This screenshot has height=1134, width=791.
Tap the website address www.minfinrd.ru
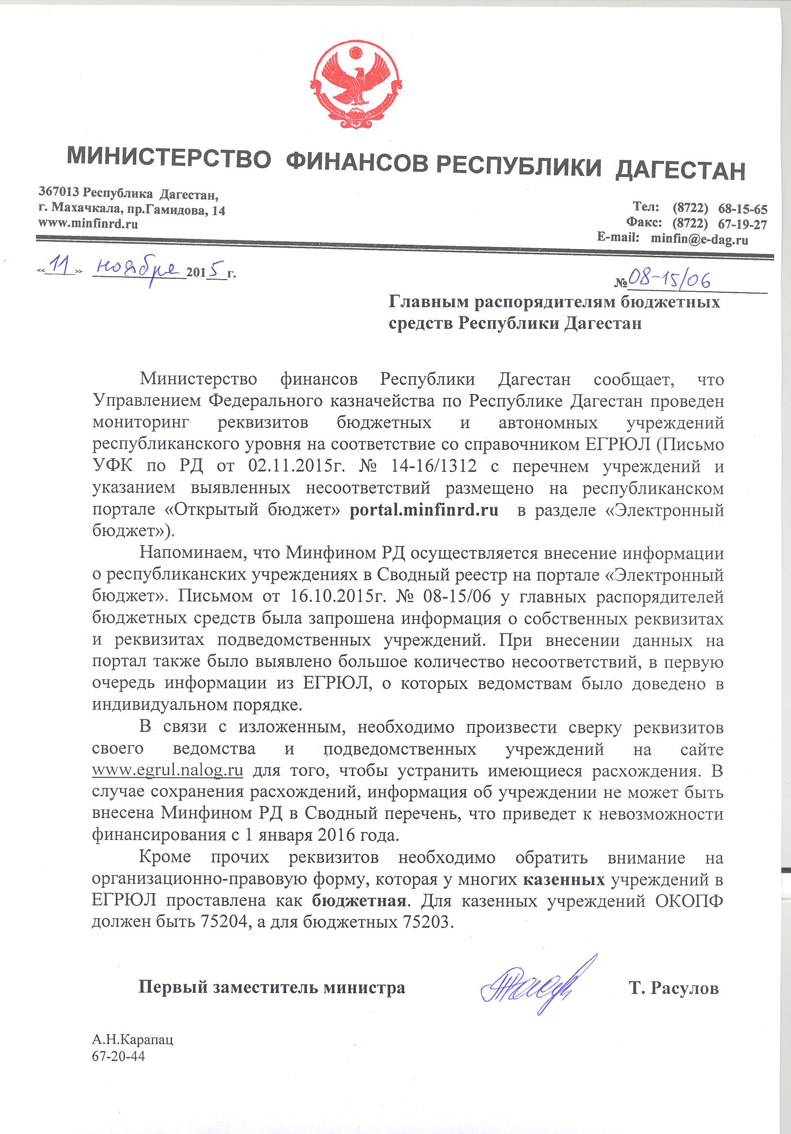click(x=88, y=223)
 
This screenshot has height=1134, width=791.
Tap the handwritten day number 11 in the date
click(x=62, y=269)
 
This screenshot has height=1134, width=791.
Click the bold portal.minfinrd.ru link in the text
click(x=424, y=510)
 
